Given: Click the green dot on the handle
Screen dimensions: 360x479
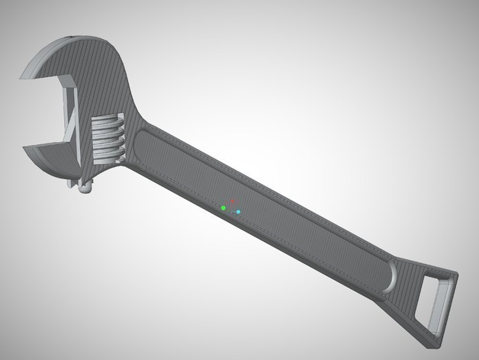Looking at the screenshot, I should tap(223, 207).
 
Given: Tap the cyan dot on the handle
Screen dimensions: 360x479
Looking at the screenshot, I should tap(238, 211).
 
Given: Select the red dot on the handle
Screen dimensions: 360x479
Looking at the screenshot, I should tap(233, 200).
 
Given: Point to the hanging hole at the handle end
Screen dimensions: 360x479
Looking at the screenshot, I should tap(436, 304).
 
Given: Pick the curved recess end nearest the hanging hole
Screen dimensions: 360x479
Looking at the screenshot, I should tap(389, 276).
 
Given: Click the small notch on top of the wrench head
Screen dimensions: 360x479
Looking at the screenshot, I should tap(71, 36).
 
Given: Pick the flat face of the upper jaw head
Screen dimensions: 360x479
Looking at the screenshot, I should tap(99, 72).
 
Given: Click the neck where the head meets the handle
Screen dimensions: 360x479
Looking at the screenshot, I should tap(145, 126).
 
